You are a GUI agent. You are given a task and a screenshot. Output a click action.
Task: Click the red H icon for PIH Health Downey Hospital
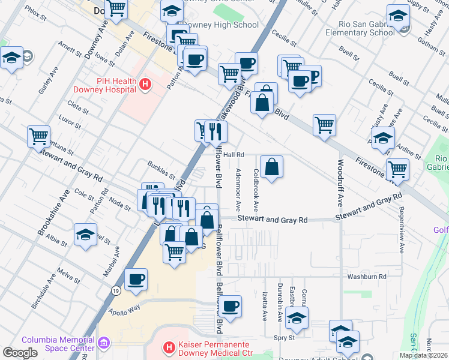click(144, 85)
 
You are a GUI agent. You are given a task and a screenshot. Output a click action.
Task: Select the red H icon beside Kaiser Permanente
click(170, 347)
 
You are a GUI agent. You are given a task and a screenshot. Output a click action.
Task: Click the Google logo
click(20, 352)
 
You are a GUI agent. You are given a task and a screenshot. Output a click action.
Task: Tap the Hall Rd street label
click(234, 155)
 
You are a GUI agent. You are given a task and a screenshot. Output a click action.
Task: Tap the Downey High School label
click(220, 25)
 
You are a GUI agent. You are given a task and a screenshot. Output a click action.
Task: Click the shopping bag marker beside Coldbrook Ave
click(272, 167)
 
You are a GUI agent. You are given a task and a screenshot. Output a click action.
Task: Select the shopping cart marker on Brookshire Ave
click(39, 136)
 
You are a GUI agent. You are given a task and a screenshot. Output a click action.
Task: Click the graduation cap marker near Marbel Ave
click(86, 234)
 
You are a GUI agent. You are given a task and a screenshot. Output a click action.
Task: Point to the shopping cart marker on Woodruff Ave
click(324, 125)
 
